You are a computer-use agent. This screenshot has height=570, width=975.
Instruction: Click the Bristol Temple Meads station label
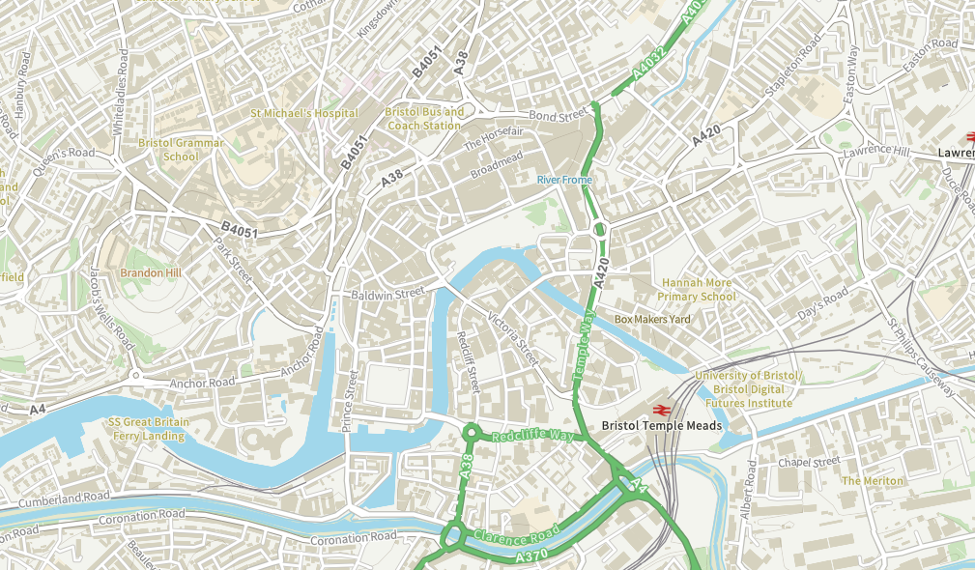pos(661,425)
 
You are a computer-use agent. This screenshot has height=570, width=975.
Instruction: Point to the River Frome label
pos(564,180)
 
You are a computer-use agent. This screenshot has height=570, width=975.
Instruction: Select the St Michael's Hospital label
pos(304,113)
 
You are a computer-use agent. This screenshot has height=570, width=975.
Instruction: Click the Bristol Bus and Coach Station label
pos(424,118)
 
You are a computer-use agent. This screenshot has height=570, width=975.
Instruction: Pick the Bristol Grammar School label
pos(181,150)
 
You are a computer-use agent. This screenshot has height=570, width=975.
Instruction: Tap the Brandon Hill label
pos(151,273)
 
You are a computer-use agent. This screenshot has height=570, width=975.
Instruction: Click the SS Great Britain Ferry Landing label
pos(148,429)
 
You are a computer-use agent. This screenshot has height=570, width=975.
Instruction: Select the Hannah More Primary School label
pos(697,290)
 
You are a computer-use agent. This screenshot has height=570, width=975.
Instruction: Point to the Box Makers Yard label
pos(652,319)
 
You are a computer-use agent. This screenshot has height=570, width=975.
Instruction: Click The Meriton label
pos(873,480)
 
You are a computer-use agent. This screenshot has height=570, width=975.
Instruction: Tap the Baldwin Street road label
pos(388,292)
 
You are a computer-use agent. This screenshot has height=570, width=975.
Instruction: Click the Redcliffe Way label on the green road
pos(532,435)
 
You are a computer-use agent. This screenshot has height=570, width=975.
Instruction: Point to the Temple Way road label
pos(583,349)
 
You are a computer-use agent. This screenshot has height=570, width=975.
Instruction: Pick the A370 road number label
pos(532,557)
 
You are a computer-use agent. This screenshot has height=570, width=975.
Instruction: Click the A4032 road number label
pos(650,64)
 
